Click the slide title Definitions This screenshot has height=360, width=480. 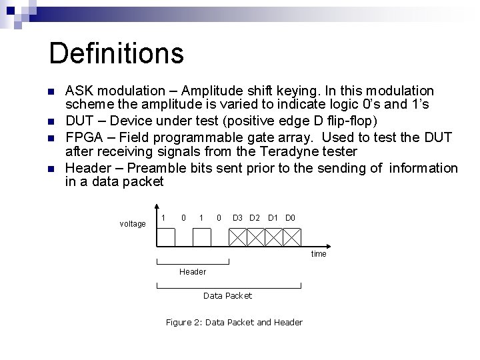pyautogui.click(x=116, y=53)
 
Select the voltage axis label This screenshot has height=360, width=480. pyautogui.click(x=133, y=224)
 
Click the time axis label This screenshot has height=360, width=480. pyautogui.click(x=319, y=254)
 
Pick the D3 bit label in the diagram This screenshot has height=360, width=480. pyautogui.click(x=237, y=218)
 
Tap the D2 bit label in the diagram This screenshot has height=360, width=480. pyautogui.click(x=254, y=218)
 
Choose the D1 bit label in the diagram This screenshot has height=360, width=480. pyautogui.click(x=273, y=218)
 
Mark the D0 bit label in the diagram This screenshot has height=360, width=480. pyautogui.click(x=290, y=218)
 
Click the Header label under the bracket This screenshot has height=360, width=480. pyautogui.click(x=193, y=271)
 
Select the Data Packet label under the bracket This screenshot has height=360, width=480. pyautogui.click(x=227, y=295)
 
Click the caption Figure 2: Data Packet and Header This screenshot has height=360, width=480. pyautogui.click(x=234, y=323)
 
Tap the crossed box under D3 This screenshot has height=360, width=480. pyautogui.click(x=238, y=237)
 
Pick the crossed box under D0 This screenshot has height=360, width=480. pyautogui.click(x=292, y=237)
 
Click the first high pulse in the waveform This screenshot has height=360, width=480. pyautogui.click(x=166, y=237)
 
